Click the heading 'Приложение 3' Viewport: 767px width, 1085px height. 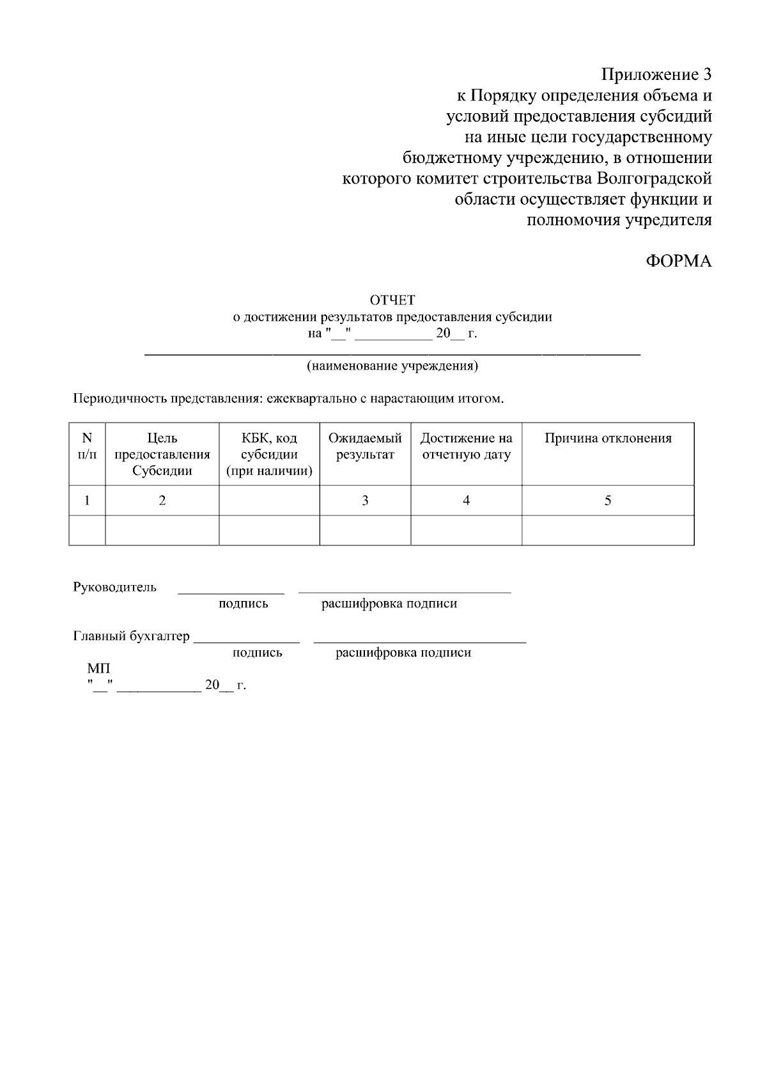tap(656, 75)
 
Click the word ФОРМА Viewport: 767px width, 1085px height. tap(679, 261)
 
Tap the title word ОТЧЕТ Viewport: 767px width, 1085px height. tap(392, 301)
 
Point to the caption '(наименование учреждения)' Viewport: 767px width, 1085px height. tap(392, 366)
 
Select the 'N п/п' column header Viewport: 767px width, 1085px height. tap(87, 446)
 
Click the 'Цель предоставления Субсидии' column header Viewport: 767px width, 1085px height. tap(162, 455)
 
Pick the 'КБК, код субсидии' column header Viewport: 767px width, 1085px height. tap(269, 455)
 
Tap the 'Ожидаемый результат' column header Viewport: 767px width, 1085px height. tap(365, 446)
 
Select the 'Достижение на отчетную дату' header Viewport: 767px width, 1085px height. tap(466, 446)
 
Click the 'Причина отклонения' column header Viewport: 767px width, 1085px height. tap(608, 439)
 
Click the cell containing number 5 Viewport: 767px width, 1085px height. tap(608, 501)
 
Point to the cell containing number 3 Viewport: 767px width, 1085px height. tap(365, 501)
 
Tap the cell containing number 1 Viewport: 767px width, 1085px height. tap(87, 501)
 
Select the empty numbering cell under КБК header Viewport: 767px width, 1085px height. tap(269, 501)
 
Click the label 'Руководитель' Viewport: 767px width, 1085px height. tap(114, 588)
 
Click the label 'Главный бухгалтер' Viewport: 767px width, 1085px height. tap(132, 637)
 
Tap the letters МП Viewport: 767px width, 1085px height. tap(98, 669)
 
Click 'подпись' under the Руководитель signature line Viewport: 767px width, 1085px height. tap(243, 604)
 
